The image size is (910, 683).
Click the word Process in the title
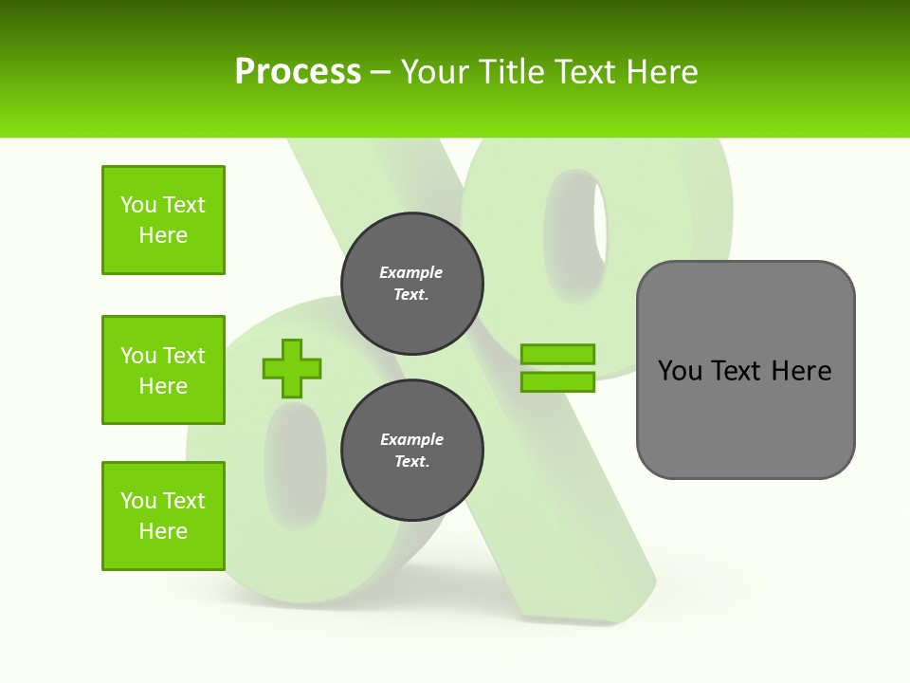(298, 72)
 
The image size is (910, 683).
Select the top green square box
(163, 220)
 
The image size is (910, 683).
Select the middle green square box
(163, 370)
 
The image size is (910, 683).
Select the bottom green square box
(163, 516)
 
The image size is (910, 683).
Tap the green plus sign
(292, 369)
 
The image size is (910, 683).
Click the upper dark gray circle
(412, 284)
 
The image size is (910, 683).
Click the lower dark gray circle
(412, 451)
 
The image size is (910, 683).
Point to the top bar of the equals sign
(557, 354)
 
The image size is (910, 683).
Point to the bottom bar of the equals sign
(557, 382)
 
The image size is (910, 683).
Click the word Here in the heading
(664, 72)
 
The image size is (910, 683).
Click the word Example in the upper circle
(411, 272)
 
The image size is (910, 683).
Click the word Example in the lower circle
(411, 439)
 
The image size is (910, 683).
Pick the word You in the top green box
(138, 205)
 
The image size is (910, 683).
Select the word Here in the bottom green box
(163, 531)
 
